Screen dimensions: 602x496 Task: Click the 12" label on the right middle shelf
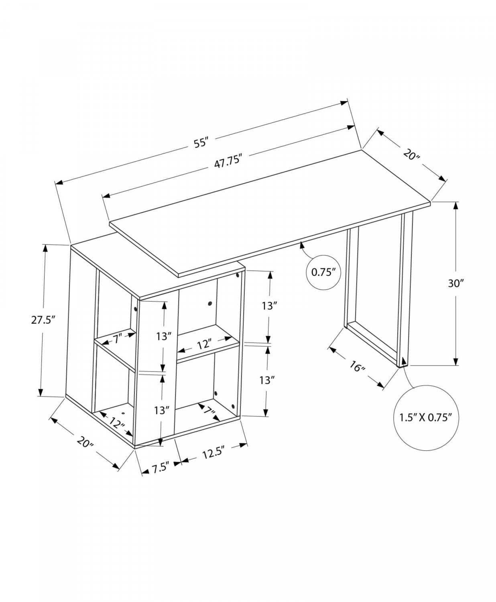click(204, 344)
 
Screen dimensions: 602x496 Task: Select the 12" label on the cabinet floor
click(116, 422)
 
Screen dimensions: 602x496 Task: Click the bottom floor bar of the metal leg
click(371, 344)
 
